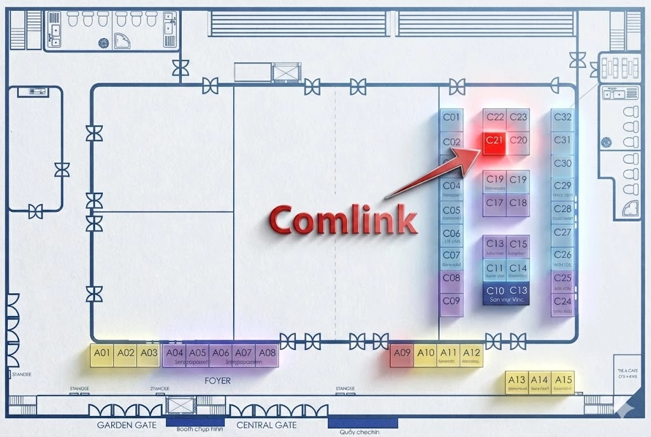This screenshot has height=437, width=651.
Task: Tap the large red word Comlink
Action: (x=343, y=220)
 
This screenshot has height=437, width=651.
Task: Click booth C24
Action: (x=563, y=303)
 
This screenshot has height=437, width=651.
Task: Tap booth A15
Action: (x=563, y=382)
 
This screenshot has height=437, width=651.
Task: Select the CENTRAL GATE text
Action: (x=266, y=425)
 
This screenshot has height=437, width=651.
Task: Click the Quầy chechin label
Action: (x=362, y=432)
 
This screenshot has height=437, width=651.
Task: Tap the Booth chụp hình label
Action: (x=196, y=429)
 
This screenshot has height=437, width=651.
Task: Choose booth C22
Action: (x=495, y=118)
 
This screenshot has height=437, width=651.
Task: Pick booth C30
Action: (x=563, y=164)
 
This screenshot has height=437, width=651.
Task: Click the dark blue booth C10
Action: (x=495, y=292)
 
